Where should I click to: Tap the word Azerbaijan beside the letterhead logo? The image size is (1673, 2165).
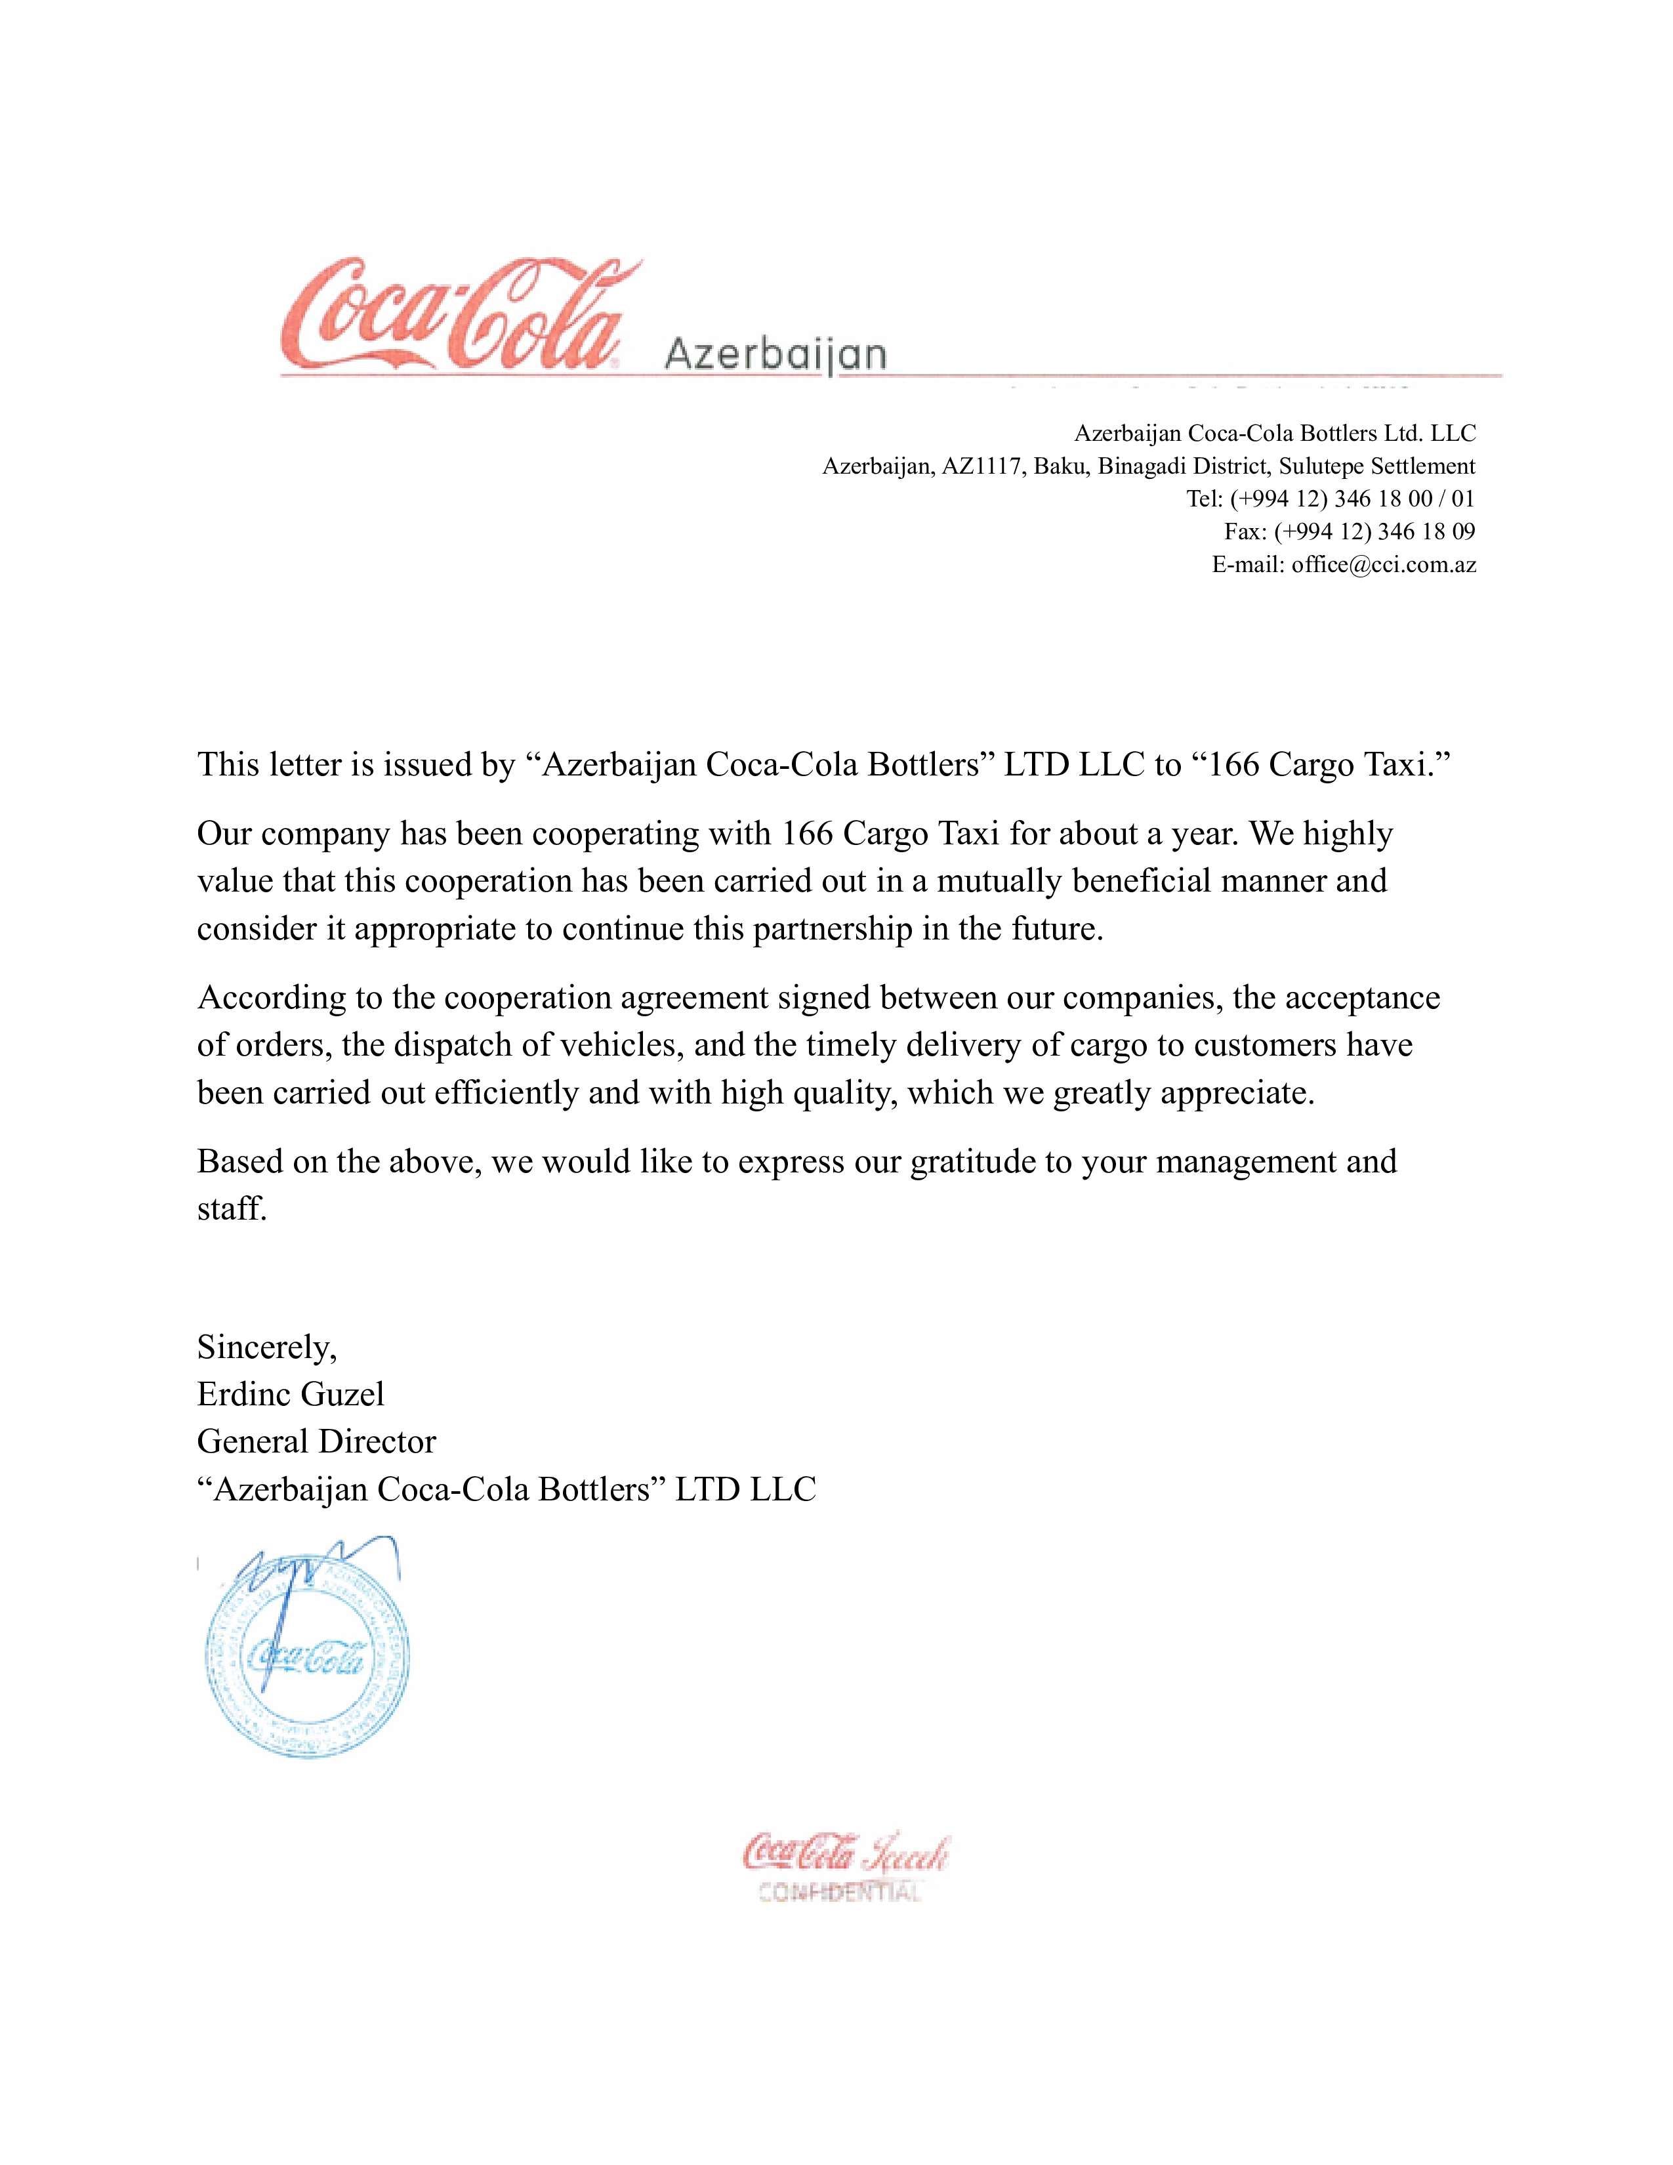(x=775, y=354)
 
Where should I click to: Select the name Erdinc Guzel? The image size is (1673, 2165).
(x=291, y=1395)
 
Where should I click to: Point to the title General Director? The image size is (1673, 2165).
(x=316, y=1441)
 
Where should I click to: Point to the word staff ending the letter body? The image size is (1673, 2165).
(x=231, y=1209)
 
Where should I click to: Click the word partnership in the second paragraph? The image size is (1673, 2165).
(x=833, y=929)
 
